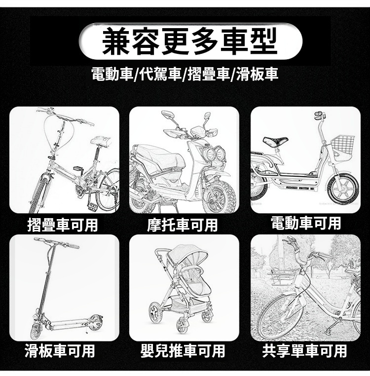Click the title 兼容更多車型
click(x=189, y=41)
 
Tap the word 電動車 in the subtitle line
click(x=112, y=74)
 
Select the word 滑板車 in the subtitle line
click(x=258, y=74)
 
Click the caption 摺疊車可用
click(x=63, y=225)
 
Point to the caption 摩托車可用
click(x=182, y=225)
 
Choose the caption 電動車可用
click(x=306, y=223)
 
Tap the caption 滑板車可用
click(x=60, y=350)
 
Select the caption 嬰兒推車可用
click(x=183, y=350)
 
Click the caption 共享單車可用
click(x=304, y=350)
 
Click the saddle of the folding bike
click(x=101, y=141)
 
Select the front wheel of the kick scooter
click(x=37, y=331)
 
